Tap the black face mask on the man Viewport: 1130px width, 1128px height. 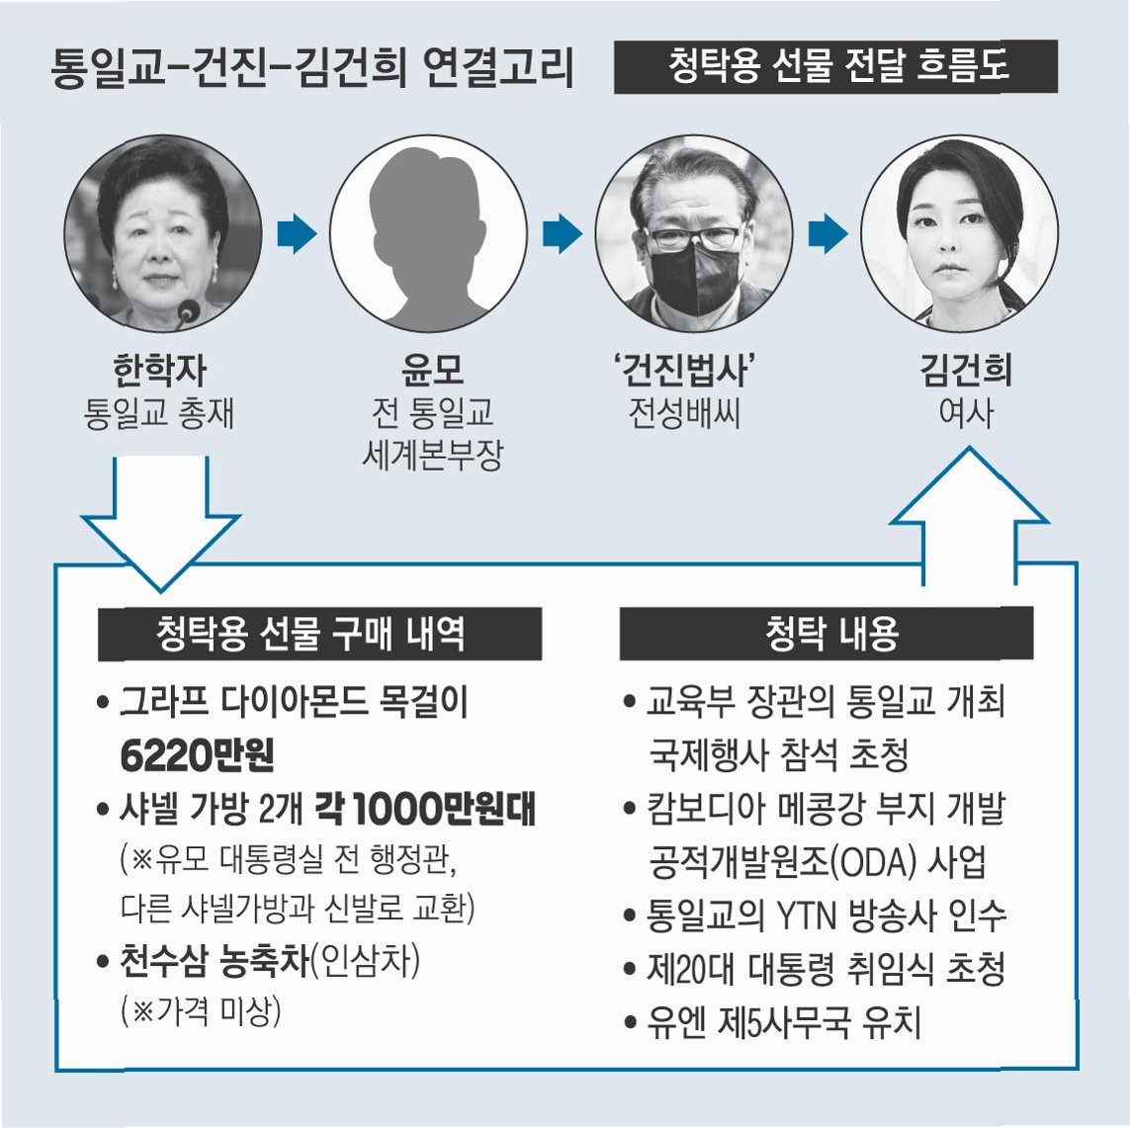[693, 277]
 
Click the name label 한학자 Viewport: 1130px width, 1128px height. [160, 371]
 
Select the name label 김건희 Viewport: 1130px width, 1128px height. [966, 371]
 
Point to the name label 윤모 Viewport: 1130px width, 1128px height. [432, 371]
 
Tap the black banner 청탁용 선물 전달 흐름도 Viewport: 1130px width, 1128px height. [835, 66]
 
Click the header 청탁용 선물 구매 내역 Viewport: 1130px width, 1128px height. [319, 633]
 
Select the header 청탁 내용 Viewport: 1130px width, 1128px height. [826, 633]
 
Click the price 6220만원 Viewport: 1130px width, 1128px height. [197, 755]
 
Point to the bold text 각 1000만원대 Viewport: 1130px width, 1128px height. [425, 809]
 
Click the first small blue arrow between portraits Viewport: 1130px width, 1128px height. [297, 234]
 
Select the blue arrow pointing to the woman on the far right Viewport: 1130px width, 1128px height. [827, 234]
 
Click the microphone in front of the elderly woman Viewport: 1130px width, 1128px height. [186, 313]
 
